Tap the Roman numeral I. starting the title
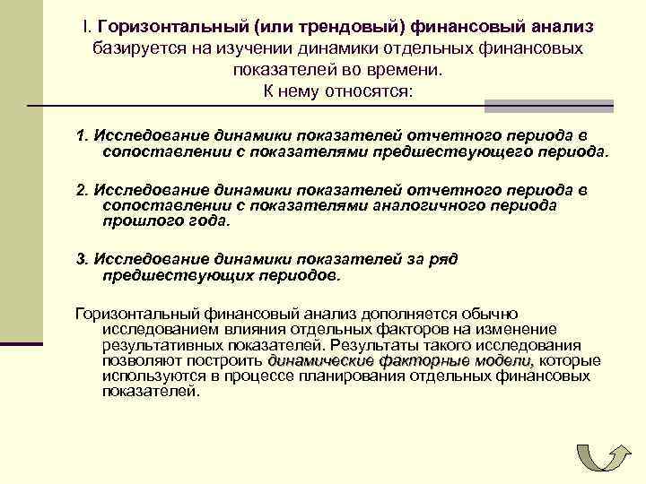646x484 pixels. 82,28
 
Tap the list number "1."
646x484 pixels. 83,135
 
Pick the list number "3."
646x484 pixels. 83,260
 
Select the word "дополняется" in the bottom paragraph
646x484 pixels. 406,314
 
